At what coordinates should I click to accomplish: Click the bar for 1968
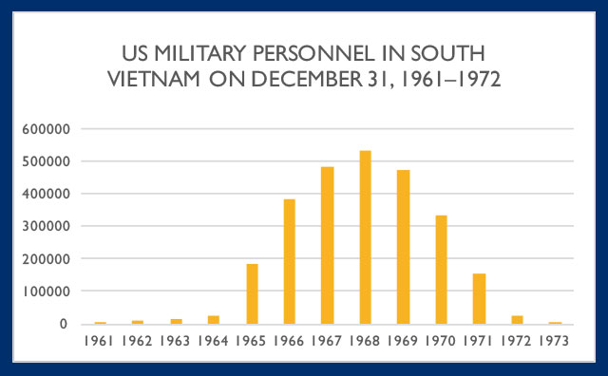click(365, 237)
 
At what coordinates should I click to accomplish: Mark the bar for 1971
click(478, 299)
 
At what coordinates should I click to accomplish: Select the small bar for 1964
click(214, 320)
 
